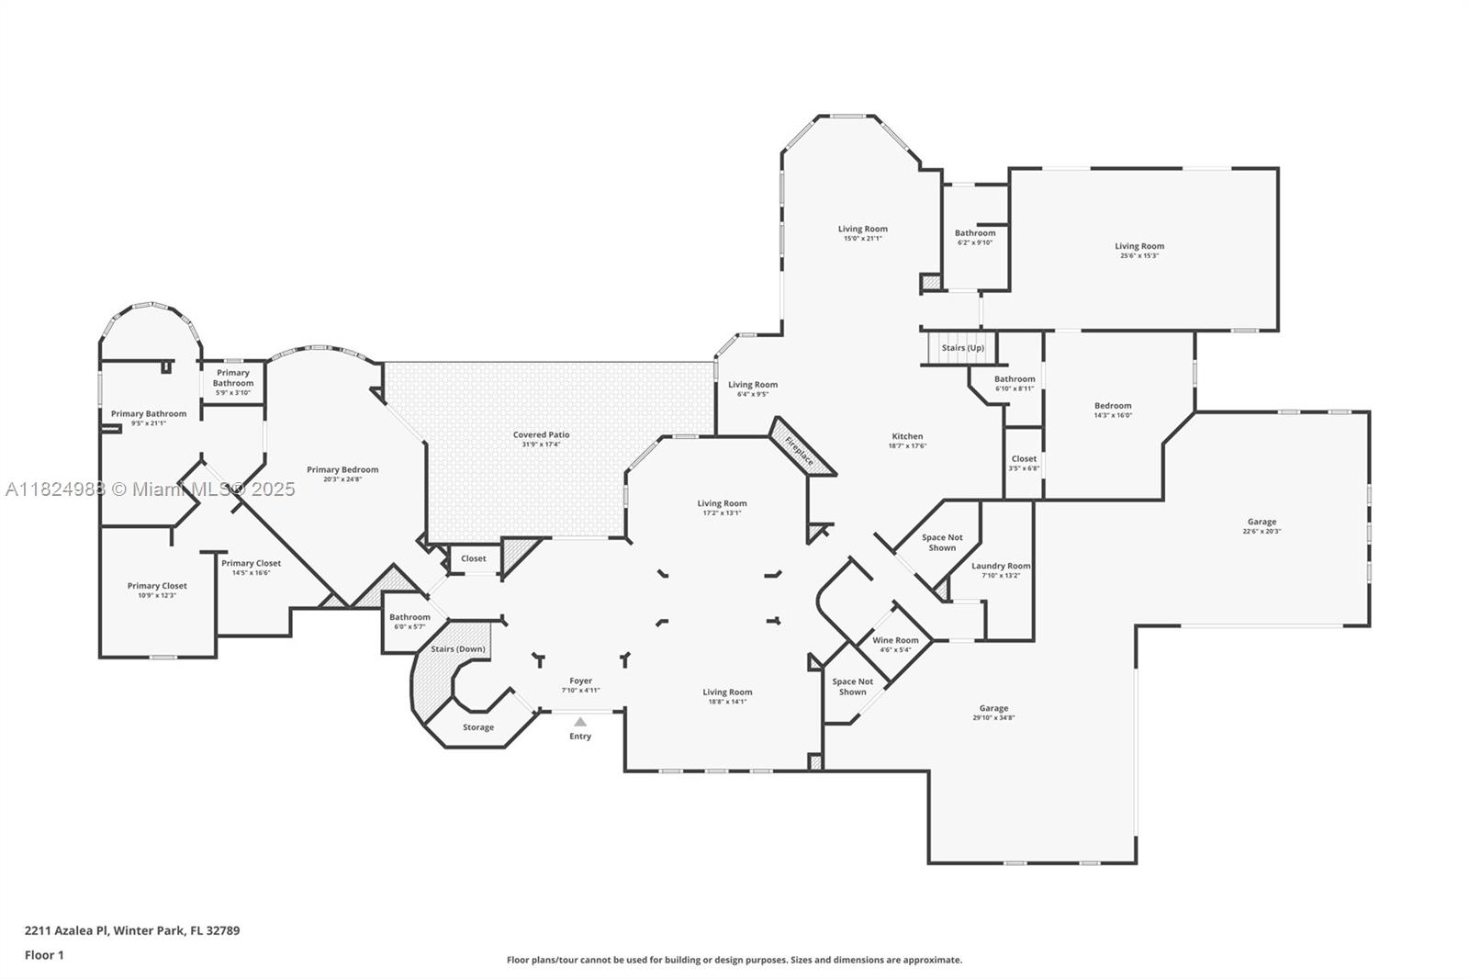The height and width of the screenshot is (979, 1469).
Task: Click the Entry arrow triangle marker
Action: point(580,722)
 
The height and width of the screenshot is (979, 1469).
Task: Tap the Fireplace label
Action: point(800,448)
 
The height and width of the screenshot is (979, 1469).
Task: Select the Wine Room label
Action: point(895,640)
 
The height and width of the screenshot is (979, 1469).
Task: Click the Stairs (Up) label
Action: point(962,348)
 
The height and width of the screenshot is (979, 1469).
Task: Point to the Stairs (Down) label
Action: point(458,649)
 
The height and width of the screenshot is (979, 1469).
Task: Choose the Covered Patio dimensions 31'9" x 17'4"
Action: point(541,444)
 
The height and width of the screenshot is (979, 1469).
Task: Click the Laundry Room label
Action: point(1001,566)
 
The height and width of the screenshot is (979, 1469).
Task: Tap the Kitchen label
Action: point(907,436)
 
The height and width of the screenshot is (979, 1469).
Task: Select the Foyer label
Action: point(580,681)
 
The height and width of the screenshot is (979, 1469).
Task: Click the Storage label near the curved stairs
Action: point(477,727)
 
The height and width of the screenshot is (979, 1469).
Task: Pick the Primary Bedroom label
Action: point(342,469)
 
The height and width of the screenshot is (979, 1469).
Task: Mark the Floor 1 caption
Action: point(44,955)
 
